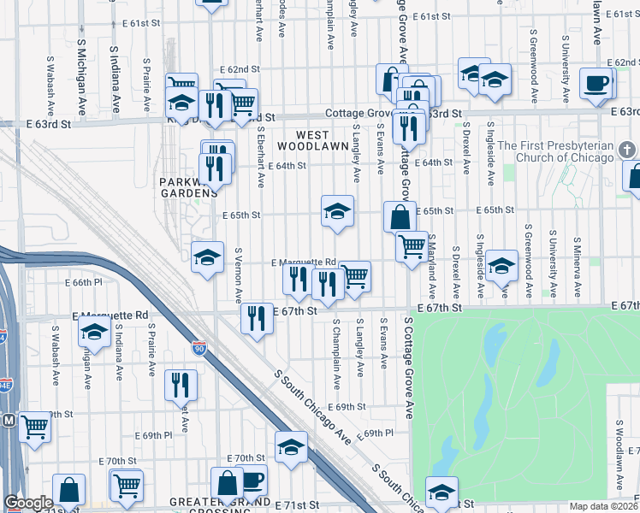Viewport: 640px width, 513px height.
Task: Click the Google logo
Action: click(28, 503)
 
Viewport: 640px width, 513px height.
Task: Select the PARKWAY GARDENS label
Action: click(188, 187)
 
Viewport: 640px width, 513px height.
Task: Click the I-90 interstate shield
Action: click(199, 348)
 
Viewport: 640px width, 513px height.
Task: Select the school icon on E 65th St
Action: click(338, 210)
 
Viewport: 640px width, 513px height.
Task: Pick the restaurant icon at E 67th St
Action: click(257, 318)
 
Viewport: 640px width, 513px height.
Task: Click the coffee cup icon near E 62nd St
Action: click(596, 83)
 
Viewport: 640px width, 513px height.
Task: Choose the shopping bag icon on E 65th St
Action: click(400, 216)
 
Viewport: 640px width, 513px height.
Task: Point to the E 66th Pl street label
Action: click(84, 282)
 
